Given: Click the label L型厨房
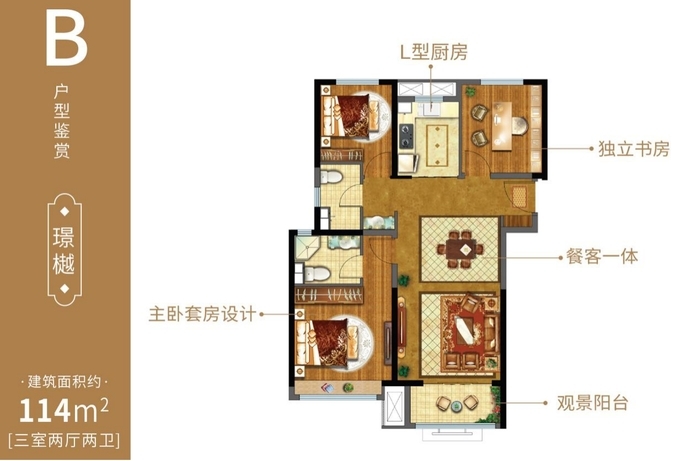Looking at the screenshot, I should click(433, 52).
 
